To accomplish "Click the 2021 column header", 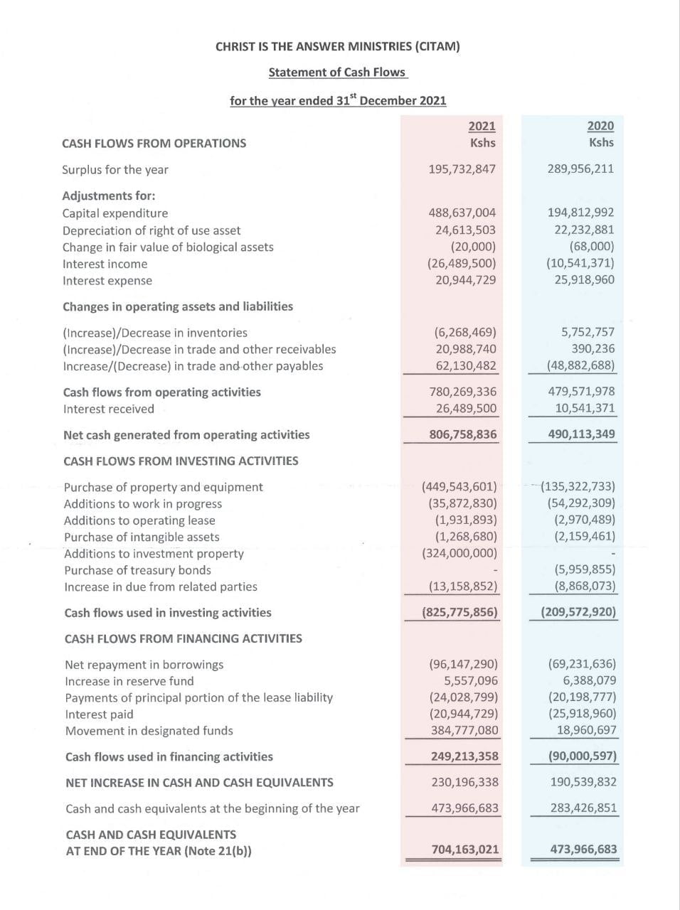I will point(482,126).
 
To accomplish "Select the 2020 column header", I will point(600,126).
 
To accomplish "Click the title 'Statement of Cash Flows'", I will point(337,72).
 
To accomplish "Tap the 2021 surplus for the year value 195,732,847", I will point(462,169).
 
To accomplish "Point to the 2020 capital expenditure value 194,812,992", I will point(580,213).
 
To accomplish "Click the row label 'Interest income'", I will point(105,264).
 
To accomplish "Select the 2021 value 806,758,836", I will point(463,434).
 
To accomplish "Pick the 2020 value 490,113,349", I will point(581,434).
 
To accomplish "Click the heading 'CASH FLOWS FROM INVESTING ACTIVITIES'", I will point(181,461).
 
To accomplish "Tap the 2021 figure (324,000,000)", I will point(459,553).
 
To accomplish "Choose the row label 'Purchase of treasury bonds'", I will point(137,570).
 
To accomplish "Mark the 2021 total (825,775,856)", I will point(459,612).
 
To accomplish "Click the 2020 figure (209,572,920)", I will point(578,612).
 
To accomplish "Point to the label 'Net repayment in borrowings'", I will point(144,665).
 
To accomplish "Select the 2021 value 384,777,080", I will point(464,730).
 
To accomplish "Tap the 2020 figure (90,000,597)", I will point(582,756).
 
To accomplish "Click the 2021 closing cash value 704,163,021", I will point(465,850).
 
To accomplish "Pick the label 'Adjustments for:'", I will point(109,196).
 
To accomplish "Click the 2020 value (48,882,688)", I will point(580,366).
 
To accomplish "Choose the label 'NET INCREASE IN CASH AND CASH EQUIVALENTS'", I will point(199,783).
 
